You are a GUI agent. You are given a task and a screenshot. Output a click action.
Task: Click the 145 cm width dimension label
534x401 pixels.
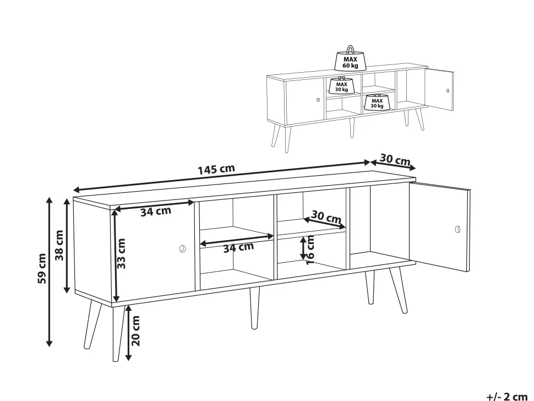(216, 169)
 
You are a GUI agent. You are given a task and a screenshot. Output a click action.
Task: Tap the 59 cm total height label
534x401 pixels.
(42, 268)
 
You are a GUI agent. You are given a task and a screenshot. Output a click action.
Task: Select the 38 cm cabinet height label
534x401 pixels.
(59, 245)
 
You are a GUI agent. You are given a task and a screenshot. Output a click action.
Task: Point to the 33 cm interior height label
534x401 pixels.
(121, 253)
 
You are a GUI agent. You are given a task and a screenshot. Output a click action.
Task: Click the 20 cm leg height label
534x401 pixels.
(135, 330)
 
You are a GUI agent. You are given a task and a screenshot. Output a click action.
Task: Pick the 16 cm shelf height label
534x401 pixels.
(310, 250)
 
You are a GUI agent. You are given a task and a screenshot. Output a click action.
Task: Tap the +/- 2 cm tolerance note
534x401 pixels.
(507, 397)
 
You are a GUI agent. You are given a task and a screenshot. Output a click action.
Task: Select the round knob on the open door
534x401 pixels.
(457, 229)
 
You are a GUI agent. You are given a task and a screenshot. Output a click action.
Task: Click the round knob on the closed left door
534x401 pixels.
(183, 248)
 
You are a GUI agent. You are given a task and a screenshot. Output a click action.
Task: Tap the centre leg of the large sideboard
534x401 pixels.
(254, 308)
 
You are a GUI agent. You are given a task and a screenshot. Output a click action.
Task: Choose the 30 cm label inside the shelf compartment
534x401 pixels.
(326, 217)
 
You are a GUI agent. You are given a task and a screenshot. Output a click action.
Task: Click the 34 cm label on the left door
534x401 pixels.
(156, 211)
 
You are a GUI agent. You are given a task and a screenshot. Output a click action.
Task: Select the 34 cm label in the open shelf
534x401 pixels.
(238, 247)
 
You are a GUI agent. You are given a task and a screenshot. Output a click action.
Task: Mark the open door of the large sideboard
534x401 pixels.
(439, 226)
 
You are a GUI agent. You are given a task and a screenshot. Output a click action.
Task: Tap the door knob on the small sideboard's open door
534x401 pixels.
(448, 91)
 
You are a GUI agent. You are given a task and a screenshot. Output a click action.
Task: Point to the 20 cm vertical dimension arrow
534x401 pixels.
(128, 333)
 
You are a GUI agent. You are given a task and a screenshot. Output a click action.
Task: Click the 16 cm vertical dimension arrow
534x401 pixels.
(303, 248)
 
